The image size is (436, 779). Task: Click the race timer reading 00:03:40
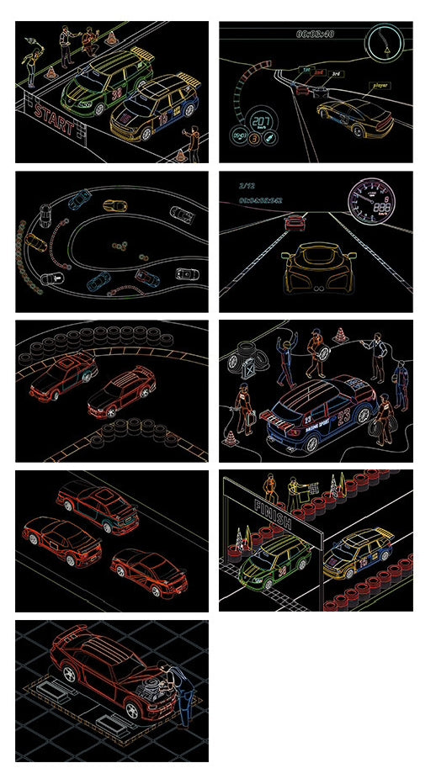315,34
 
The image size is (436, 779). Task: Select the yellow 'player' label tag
380,85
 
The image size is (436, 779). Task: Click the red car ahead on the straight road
295,222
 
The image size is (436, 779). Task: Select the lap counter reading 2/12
247,185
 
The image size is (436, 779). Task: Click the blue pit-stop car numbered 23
320,412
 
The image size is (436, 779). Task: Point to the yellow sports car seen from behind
316,268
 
